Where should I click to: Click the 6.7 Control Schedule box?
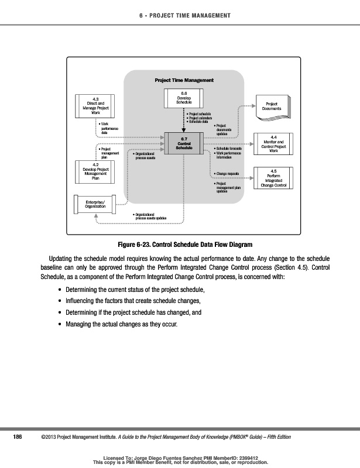coord(184,143)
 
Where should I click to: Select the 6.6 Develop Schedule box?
coord(184,98)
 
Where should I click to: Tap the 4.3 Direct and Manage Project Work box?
coord(95,106)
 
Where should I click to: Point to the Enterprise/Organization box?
coord(95,204)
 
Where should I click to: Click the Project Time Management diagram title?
coord(184,80)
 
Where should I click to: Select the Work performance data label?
coord(109,128)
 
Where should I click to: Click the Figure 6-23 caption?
coord(184,245)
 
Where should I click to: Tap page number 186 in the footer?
coord(18,437)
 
